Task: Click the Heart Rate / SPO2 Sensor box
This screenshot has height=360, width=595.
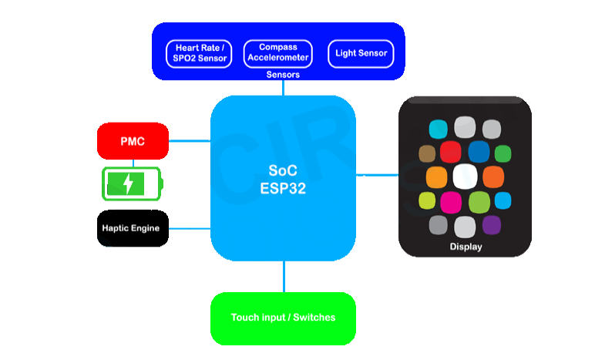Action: (x=199, y=54)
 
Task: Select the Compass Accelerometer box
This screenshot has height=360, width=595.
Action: (x=278, y=54)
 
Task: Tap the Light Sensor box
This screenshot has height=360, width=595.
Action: (x=361, y=54)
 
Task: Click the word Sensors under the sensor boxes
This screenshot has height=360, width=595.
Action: (x=283, y=75)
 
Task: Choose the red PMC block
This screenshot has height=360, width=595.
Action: (x=133, y=141)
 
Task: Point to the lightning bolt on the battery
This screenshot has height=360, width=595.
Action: (x=129, y=183)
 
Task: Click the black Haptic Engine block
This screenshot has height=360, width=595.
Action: (x=133, y=228)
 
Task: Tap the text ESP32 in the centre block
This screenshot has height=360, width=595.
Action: (x=283, y=189)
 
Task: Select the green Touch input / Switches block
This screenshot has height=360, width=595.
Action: (x=283, y=318)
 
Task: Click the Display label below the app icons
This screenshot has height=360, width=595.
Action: (x=466, y=247)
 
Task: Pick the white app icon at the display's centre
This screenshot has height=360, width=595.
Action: (x=466, y=177)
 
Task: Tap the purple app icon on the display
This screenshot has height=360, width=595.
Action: (x=492, y=225)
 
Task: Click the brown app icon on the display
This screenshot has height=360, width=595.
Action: (x=427, y=153)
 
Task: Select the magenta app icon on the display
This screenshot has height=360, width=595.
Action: (x=451, y=202)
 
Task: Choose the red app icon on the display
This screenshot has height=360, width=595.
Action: (x=451, y=152)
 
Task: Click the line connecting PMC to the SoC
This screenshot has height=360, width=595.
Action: (x=190, y=141)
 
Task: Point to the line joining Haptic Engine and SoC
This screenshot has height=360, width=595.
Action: (x=190, y=228)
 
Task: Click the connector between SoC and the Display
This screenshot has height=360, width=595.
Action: (x=377, y=175)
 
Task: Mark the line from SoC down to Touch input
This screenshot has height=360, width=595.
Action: (x=284, y=277)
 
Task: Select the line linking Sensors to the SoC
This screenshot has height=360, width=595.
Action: (x=283, y=88)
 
